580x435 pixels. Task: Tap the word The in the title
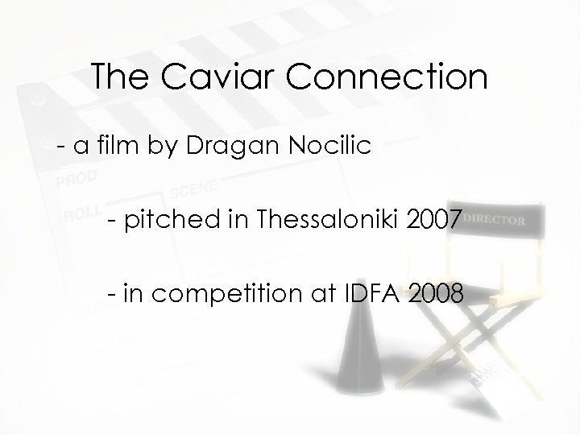(118, 77)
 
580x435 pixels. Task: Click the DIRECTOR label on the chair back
(496, 219)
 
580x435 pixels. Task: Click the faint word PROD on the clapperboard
(77, 176)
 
